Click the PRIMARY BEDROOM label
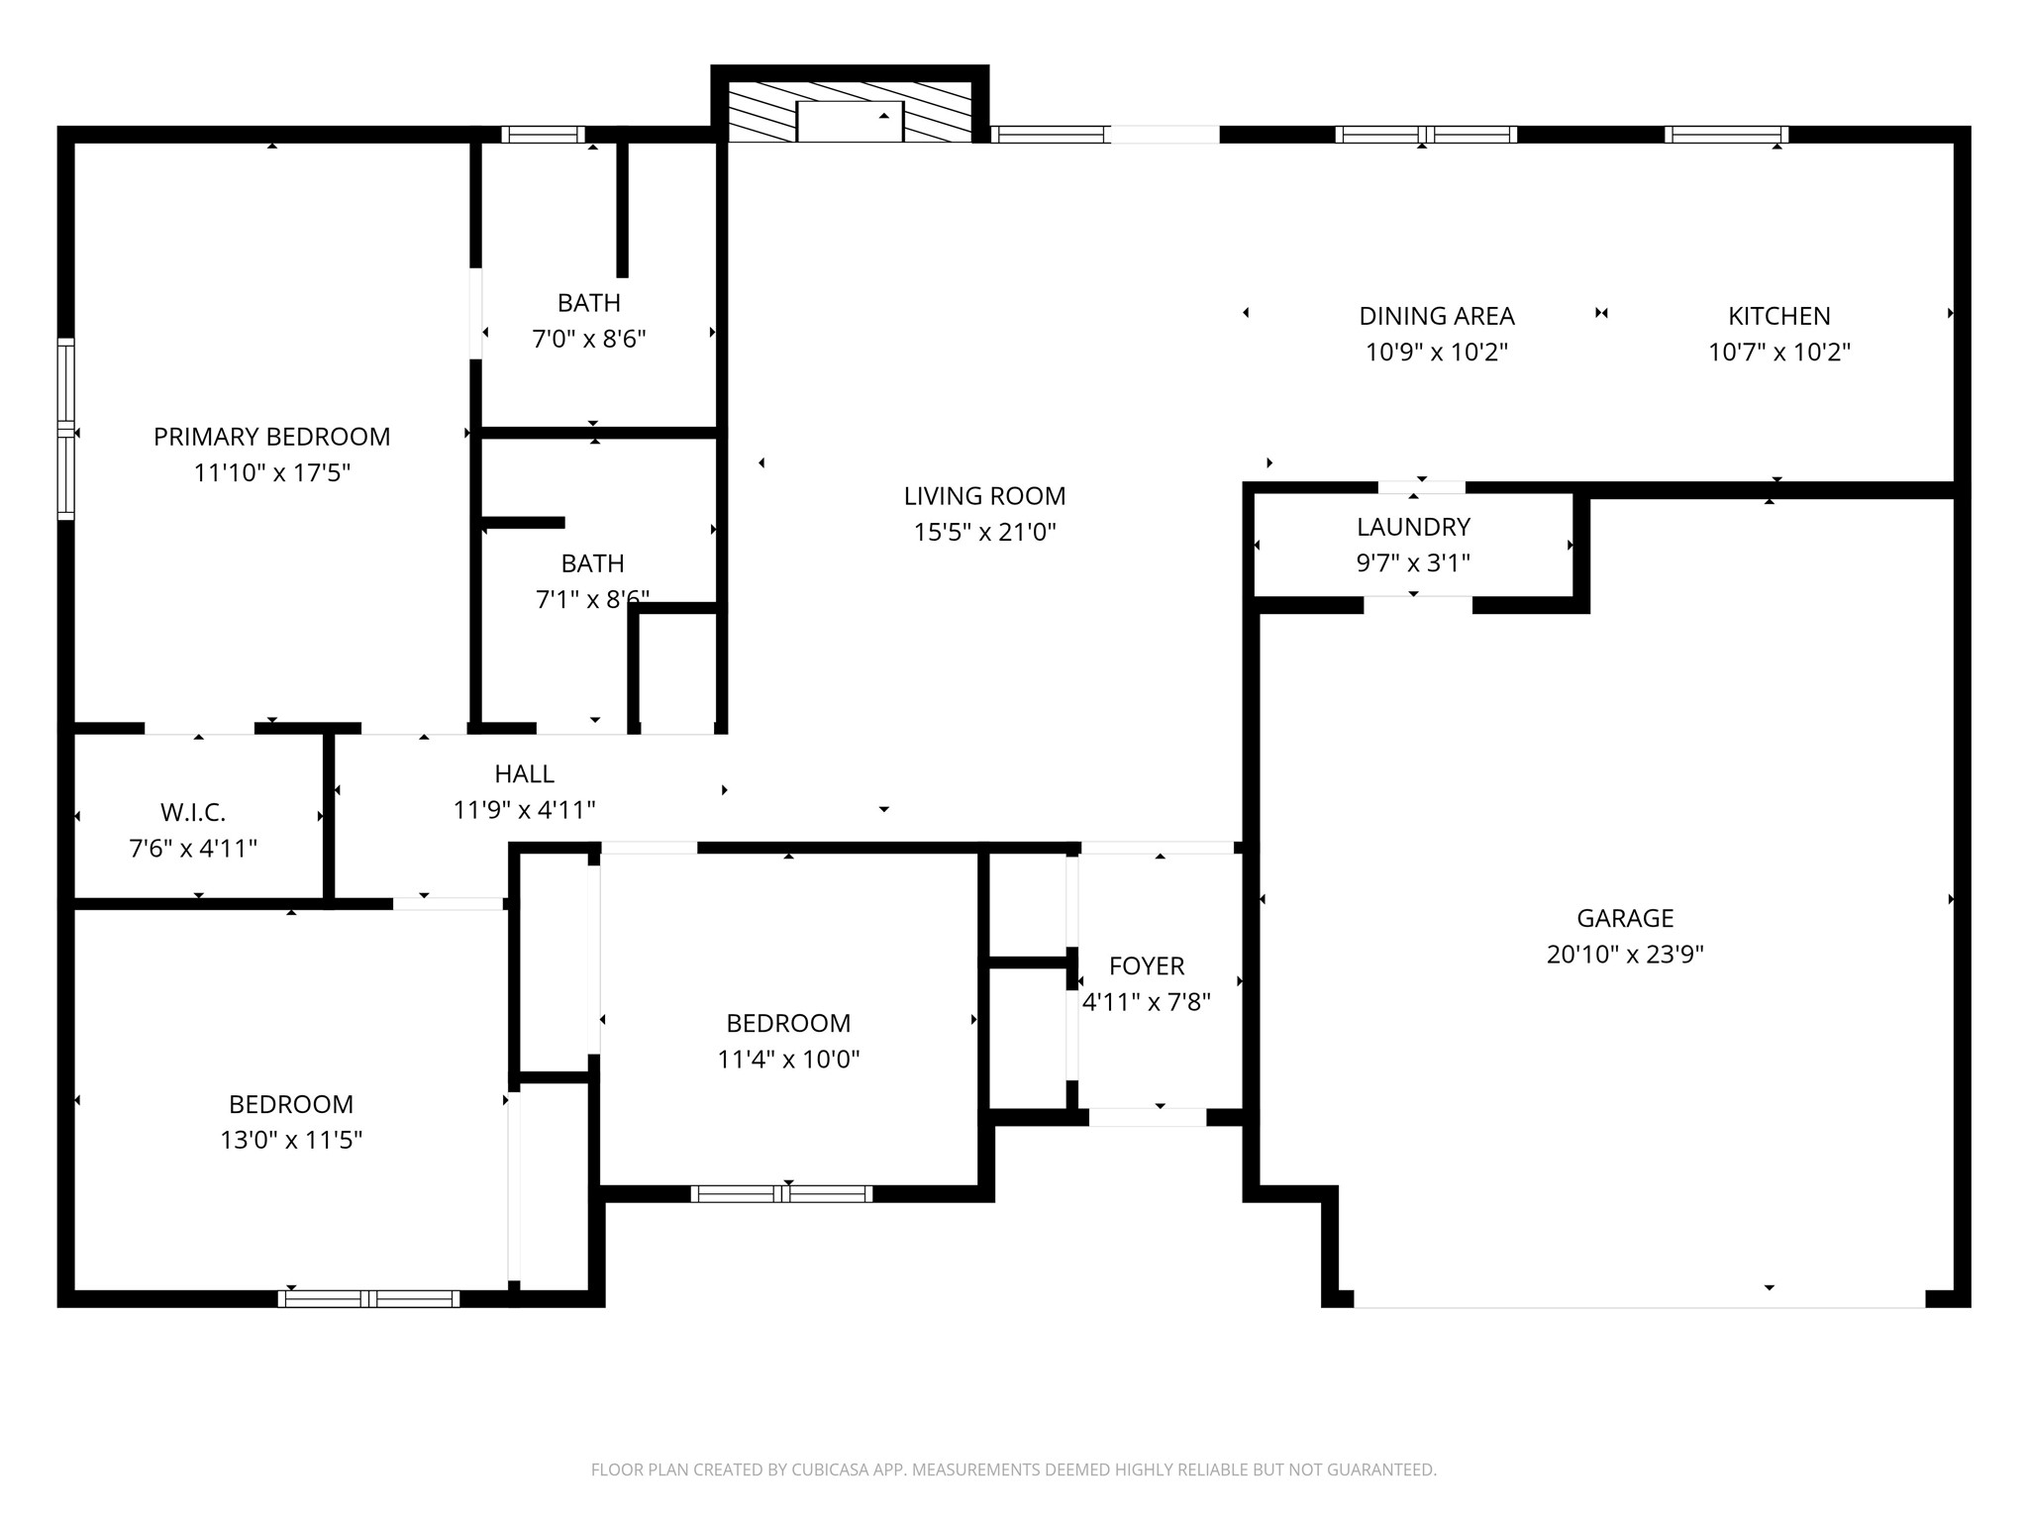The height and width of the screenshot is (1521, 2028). pos(272,437)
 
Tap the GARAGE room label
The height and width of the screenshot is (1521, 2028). pos(1625,919)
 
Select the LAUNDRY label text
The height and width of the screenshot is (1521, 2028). pos(1413,527)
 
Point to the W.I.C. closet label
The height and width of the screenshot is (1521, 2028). pos(193,813)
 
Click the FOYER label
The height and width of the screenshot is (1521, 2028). pos(1147,966)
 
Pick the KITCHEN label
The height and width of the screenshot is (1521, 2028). pos(1779,316)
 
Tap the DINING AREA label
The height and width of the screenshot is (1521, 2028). pos(1437,316)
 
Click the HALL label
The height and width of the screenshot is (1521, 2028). pos(524,774)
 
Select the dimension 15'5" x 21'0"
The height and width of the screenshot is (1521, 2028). pos(984,533)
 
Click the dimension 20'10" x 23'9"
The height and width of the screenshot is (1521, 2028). pos(1625,955)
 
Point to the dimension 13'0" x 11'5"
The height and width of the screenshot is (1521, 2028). pos(291,1140)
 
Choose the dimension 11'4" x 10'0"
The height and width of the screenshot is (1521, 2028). pos(788,1060)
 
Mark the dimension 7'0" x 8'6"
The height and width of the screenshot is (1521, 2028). pos(589,340)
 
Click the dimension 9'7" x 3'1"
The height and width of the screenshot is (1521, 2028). pos(1413,563)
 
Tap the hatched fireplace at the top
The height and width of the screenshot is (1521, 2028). pos(850,111)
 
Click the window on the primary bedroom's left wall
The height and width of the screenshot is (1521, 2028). pos(66,429)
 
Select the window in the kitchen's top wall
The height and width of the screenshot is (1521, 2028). pos(1726,135)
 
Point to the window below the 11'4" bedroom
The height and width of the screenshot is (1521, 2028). pos(781,1194)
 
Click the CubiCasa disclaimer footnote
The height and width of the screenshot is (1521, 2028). pos(1013,1470)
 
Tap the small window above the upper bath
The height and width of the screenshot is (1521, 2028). pos(543,135)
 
